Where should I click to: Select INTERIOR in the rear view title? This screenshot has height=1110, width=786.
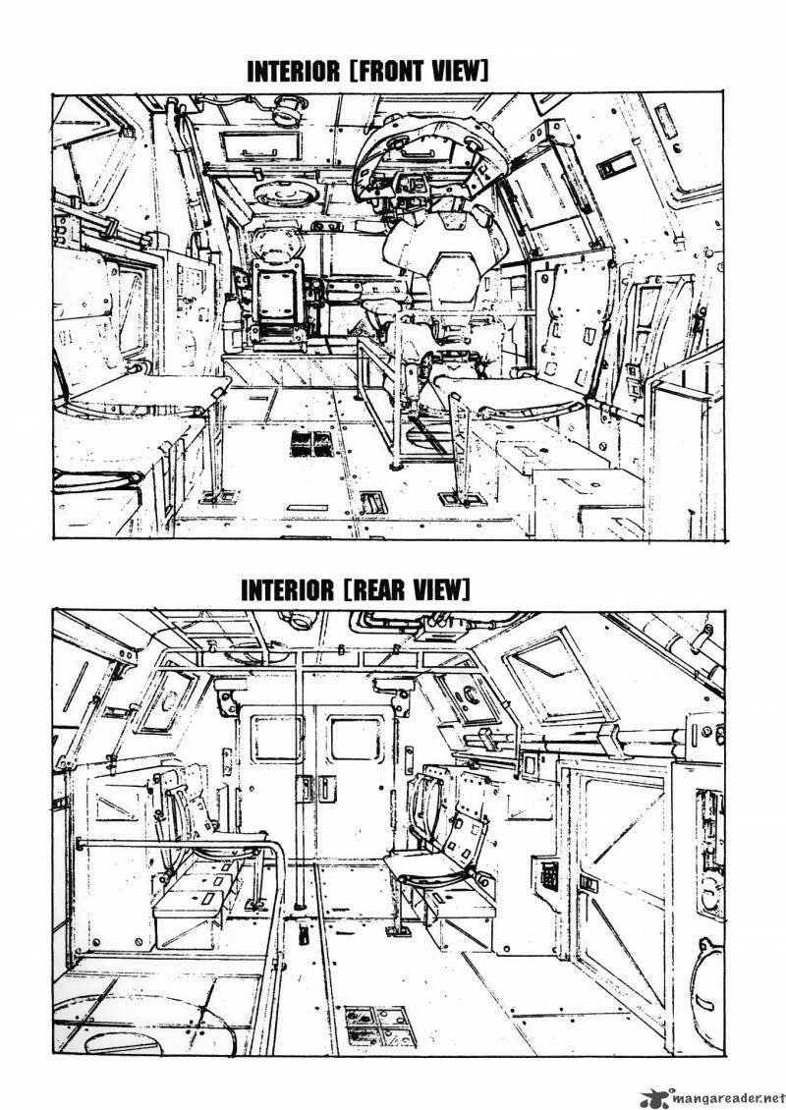(287, 589)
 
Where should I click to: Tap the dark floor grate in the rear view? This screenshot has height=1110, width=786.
(379, 1026)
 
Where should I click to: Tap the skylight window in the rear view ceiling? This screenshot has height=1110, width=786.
(554, 677)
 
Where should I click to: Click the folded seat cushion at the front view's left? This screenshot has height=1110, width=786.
(147, 393)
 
